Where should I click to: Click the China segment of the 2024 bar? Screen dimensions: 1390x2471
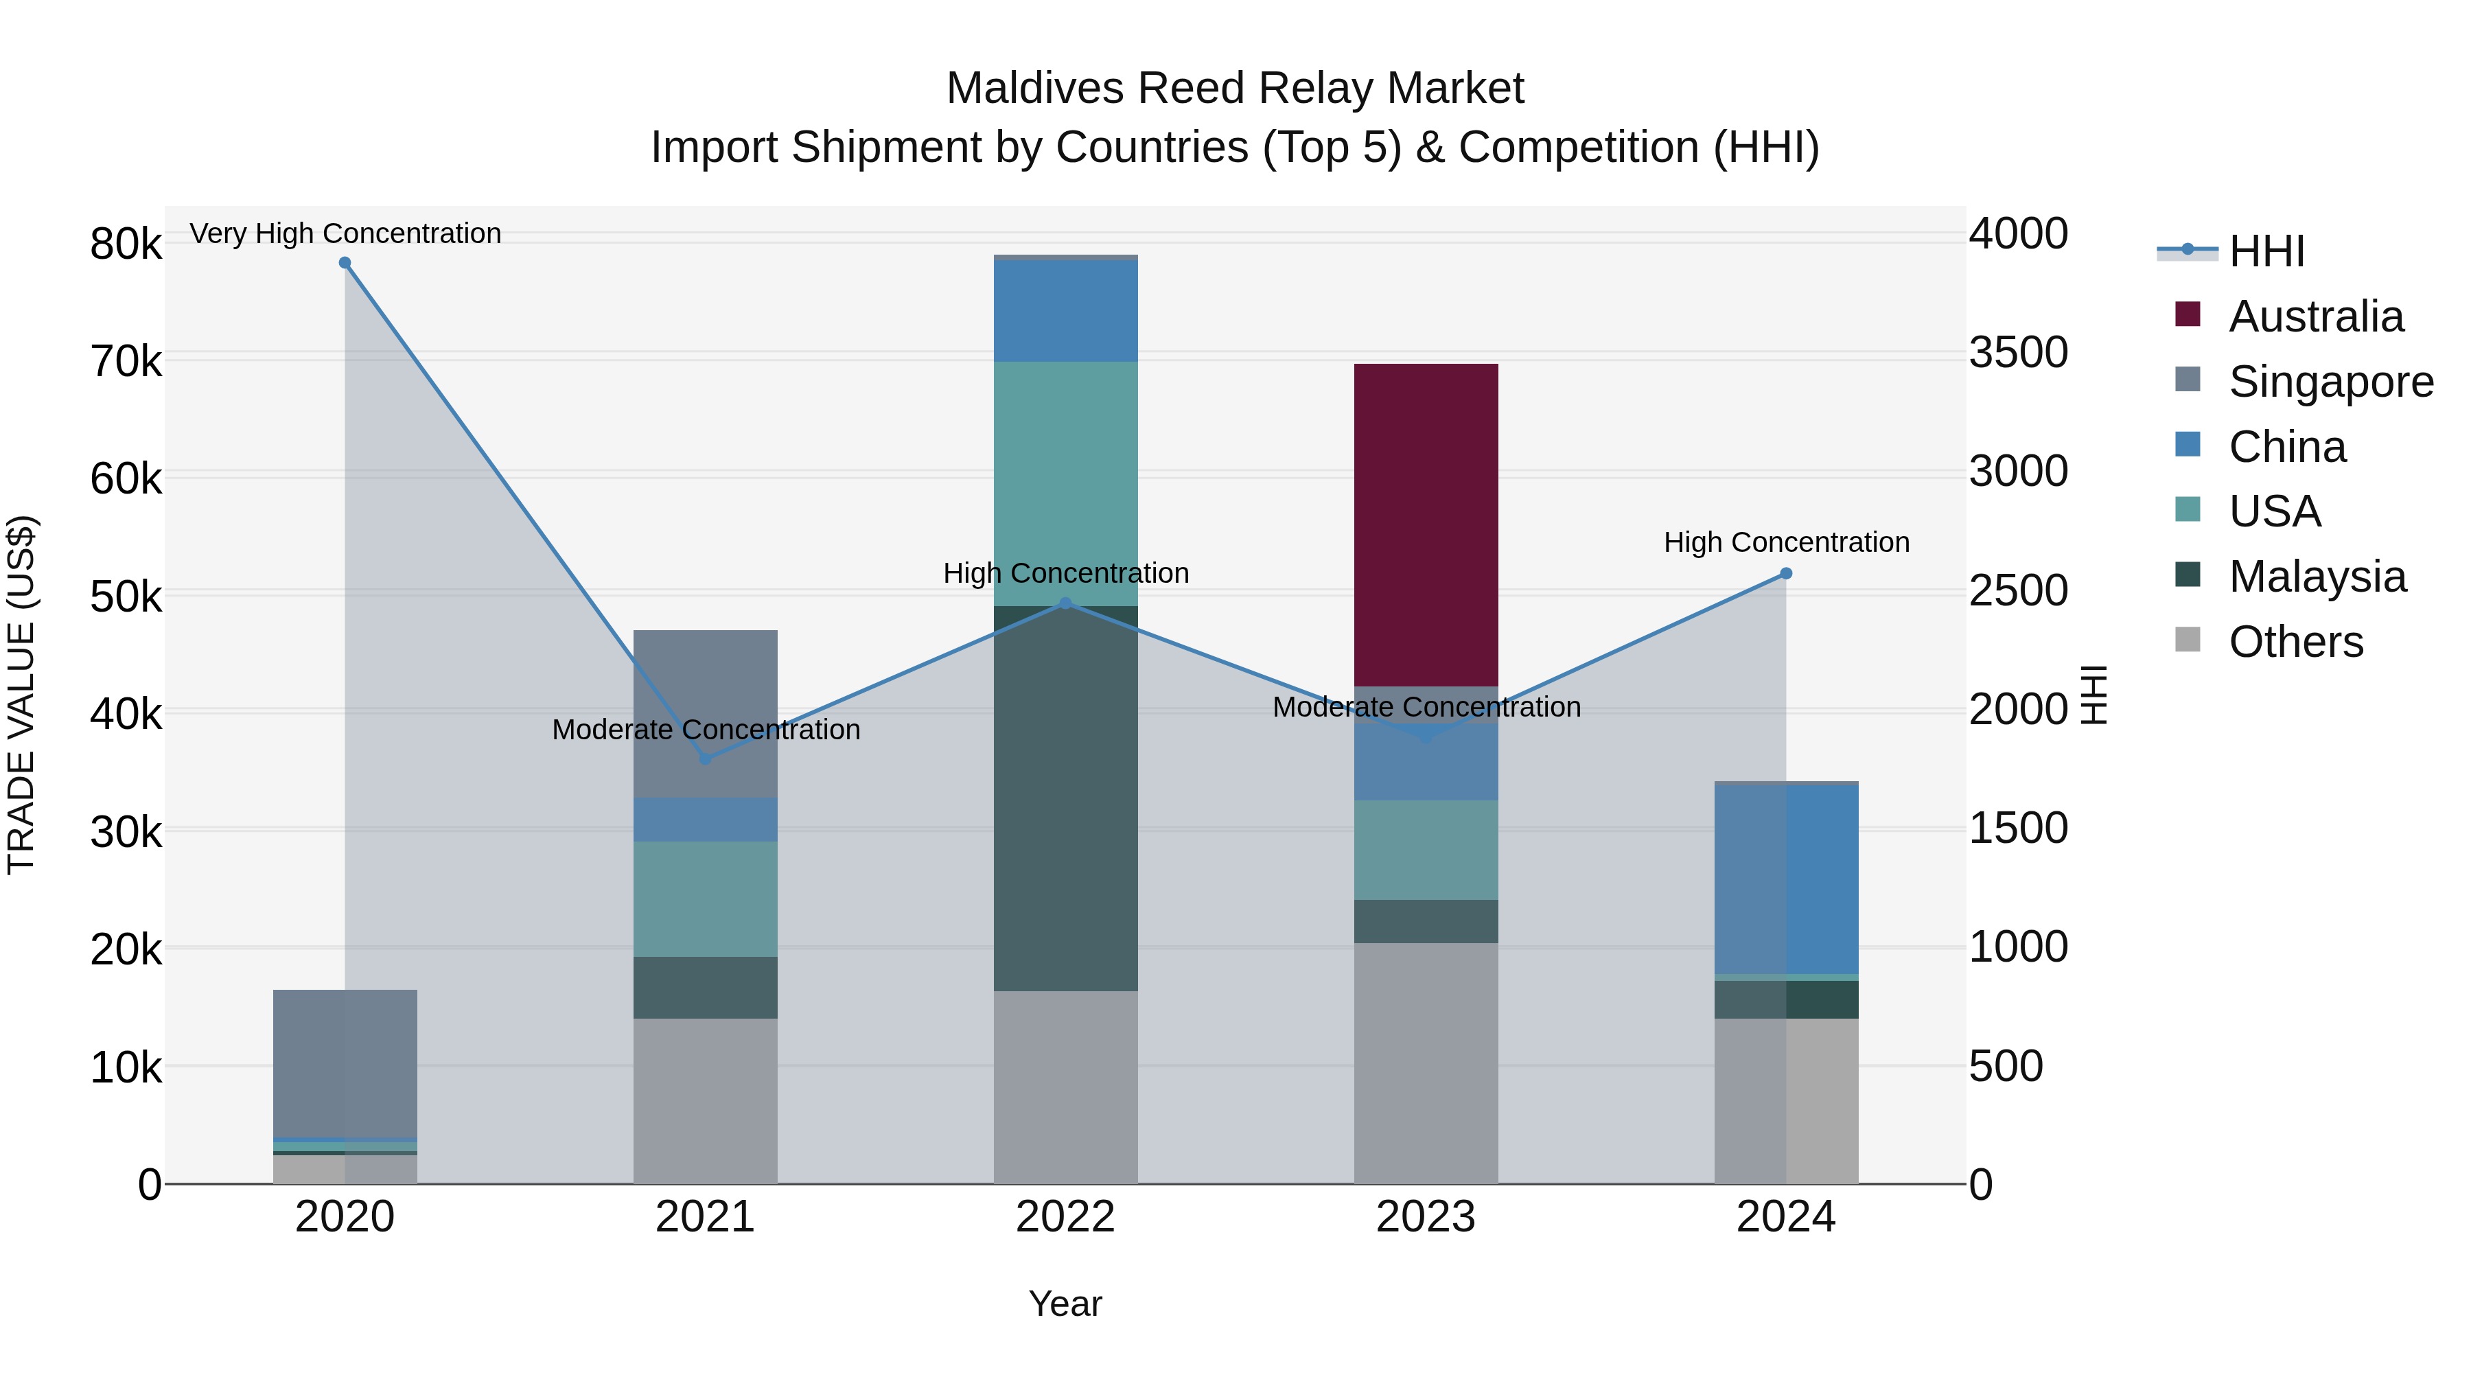1786,880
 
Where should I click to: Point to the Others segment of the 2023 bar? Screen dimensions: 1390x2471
1426,1063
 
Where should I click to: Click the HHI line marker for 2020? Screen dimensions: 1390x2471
345,263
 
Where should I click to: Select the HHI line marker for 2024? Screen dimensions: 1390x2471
1786,574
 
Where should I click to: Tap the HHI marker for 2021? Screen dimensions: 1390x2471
705,758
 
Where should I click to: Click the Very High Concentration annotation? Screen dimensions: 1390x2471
345,234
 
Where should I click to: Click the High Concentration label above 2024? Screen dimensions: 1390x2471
1786,543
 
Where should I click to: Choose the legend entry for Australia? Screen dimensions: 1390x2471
2316,316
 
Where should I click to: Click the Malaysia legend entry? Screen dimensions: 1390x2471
2317,577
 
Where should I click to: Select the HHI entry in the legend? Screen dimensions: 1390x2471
2266,251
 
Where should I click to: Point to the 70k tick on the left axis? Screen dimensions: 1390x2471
126,362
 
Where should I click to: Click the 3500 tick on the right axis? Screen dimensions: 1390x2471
2018,353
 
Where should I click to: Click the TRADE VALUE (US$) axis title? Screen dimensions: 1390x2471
22,695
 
